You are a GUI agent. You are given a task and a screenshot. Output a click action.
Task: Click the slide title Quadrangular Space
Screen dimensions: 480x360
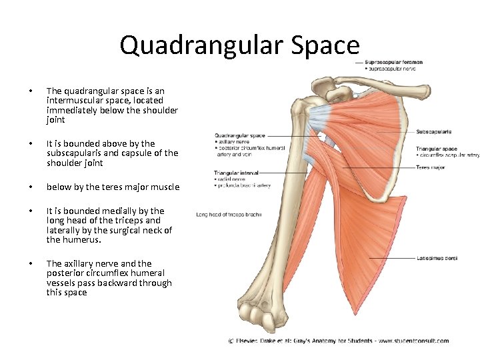[239, 45]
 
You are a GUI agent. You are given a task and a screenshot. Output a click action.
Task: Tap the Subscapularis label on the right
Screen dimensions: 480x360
[434, 132]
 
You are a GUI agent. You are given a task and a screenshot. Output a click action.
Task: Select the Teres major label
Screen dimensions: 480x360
[431, 167]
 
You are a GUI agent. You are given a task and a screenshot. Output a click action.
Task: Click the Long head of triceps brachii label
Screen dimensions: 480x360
[229, 214]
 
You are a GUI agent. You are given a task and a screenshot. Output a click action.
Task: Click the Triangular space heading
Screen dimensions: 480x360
[437, 149]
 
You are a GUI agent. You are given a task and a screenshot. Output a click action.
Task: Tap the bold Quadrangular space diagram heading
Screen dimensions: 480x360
[239, 135]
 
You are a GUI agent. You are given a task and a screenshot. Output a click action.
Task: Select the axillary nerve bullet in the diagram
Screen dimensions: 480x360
[233, 142]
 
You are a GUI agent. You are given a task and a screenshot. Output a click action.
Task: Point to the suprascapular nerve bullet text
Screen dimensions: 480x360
[392, 69]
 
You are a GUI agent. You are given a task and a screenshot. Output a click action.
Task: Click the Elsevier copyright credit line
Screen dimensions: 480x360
[339, 341]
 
